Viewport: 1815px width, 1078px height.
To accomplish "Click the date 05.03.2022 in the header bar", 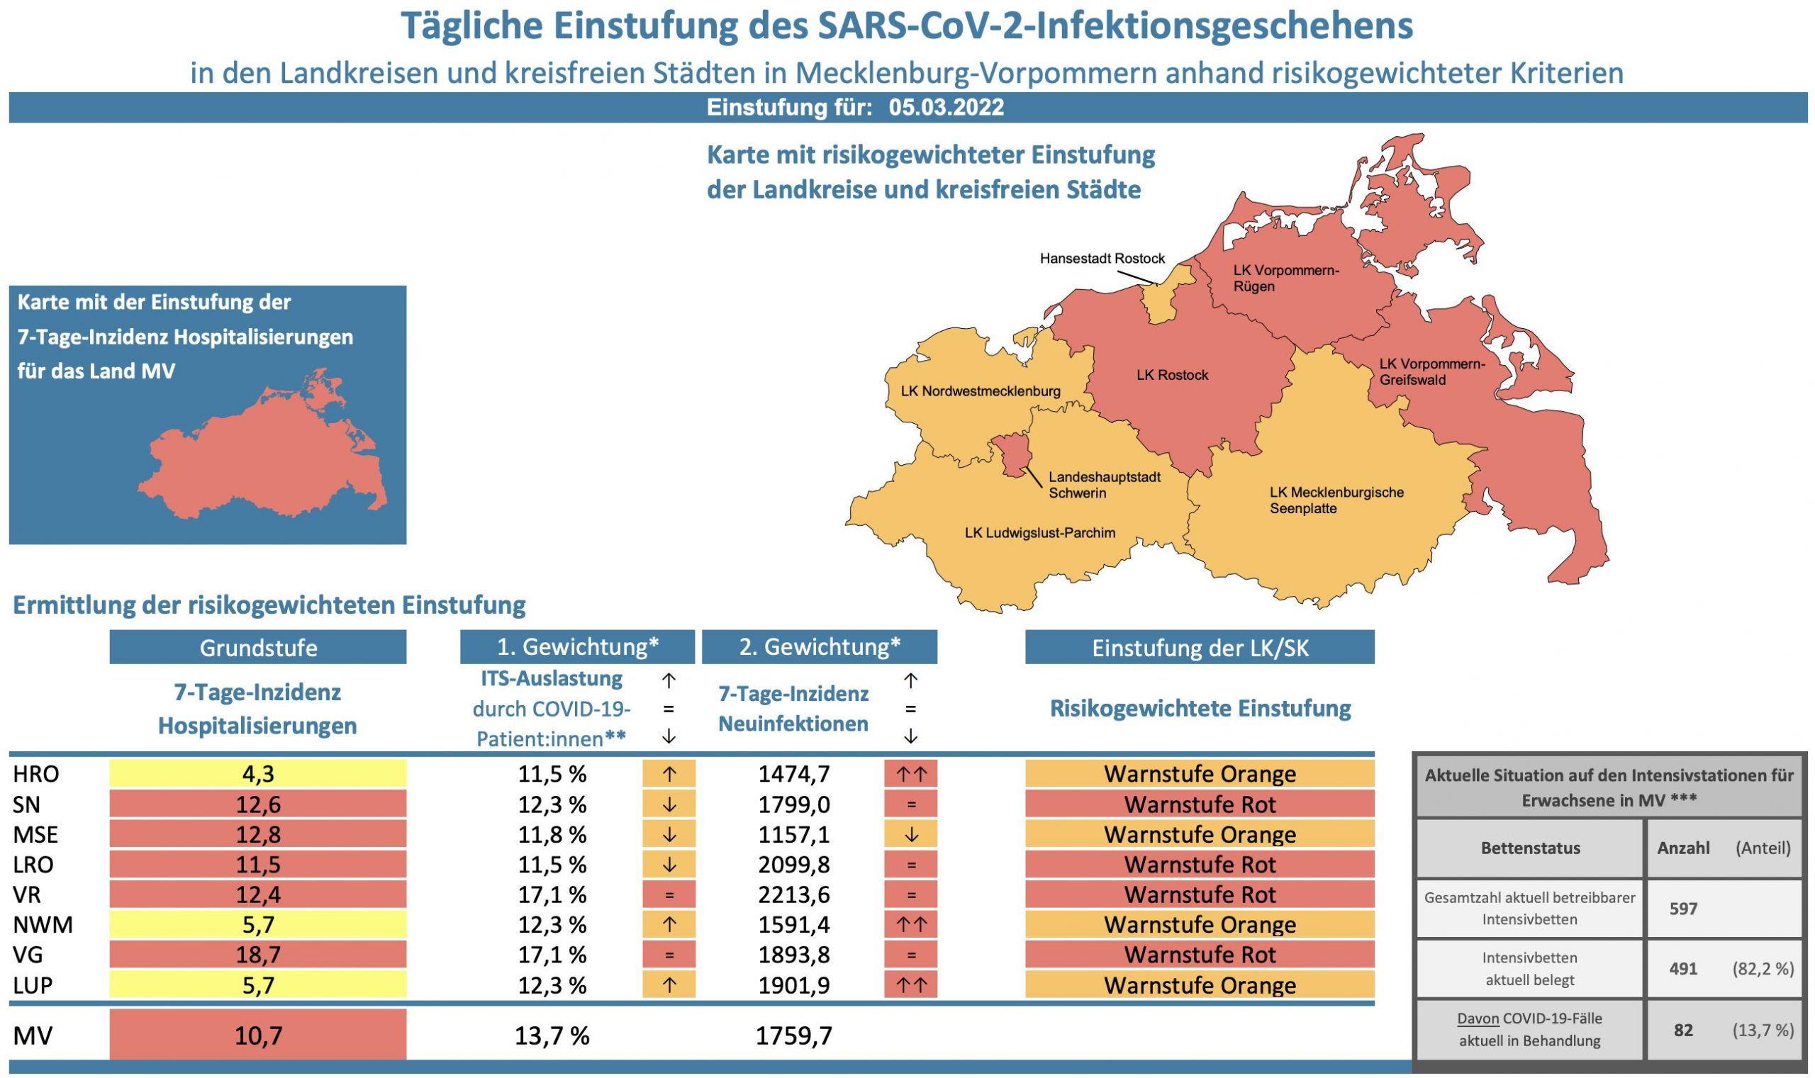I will tap(946, 108).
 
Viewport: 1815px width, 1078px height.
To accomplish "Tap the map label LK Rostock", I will tap(1172, 375).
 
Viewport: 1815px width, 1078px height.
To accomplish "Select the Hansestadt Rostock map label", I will tap(1102, 258).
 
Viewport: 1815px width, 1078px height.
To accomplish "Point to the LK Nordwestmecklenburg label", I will tap(980, 391).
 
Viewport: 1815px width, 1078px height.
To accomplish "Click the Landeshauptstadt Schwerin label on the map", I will tap(1104, 485).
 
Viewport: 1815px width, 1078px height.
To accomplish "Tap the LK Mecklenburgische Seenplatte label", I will tap(1336, 500).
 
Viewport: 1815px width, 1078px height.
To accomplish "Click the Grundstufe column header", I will tap(258, 647).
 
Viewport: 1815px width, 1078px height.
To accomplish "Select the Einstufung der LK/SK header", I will tap(1200, 647).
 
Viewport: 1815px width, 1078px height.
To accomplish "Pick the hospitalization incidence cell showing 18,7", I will tap(258, 955).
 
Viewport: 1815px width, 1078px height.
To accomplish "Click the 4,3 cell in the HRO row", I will tap(258, 774).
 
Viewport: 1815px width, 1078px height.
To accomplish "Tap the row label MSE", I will tap(35, 834).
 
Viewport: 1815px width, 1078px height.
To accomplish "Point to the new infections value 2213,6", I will tap(793, 894).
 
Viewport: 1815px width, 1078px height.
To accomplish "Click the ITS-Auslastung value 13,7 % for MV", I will tap(552, 1035).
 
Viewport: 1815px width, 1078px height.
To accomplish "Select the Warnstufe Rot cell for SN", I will tap(1200, 804).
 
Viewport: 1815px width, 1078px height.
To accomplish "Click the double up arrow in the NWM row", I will tap(910, 925).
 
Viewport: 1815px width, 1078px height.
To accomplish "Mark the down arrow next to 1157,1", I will tap(910, 835).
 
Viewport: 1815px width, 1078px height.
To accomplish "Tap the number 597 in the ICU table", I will tap(1682, 908).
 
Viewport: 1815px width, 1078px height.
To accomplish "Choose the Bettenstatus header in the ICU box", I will tap(1530, 848).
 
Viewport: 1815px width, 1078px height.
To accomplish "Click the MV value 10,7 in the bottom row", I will tap(258, 1035).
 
